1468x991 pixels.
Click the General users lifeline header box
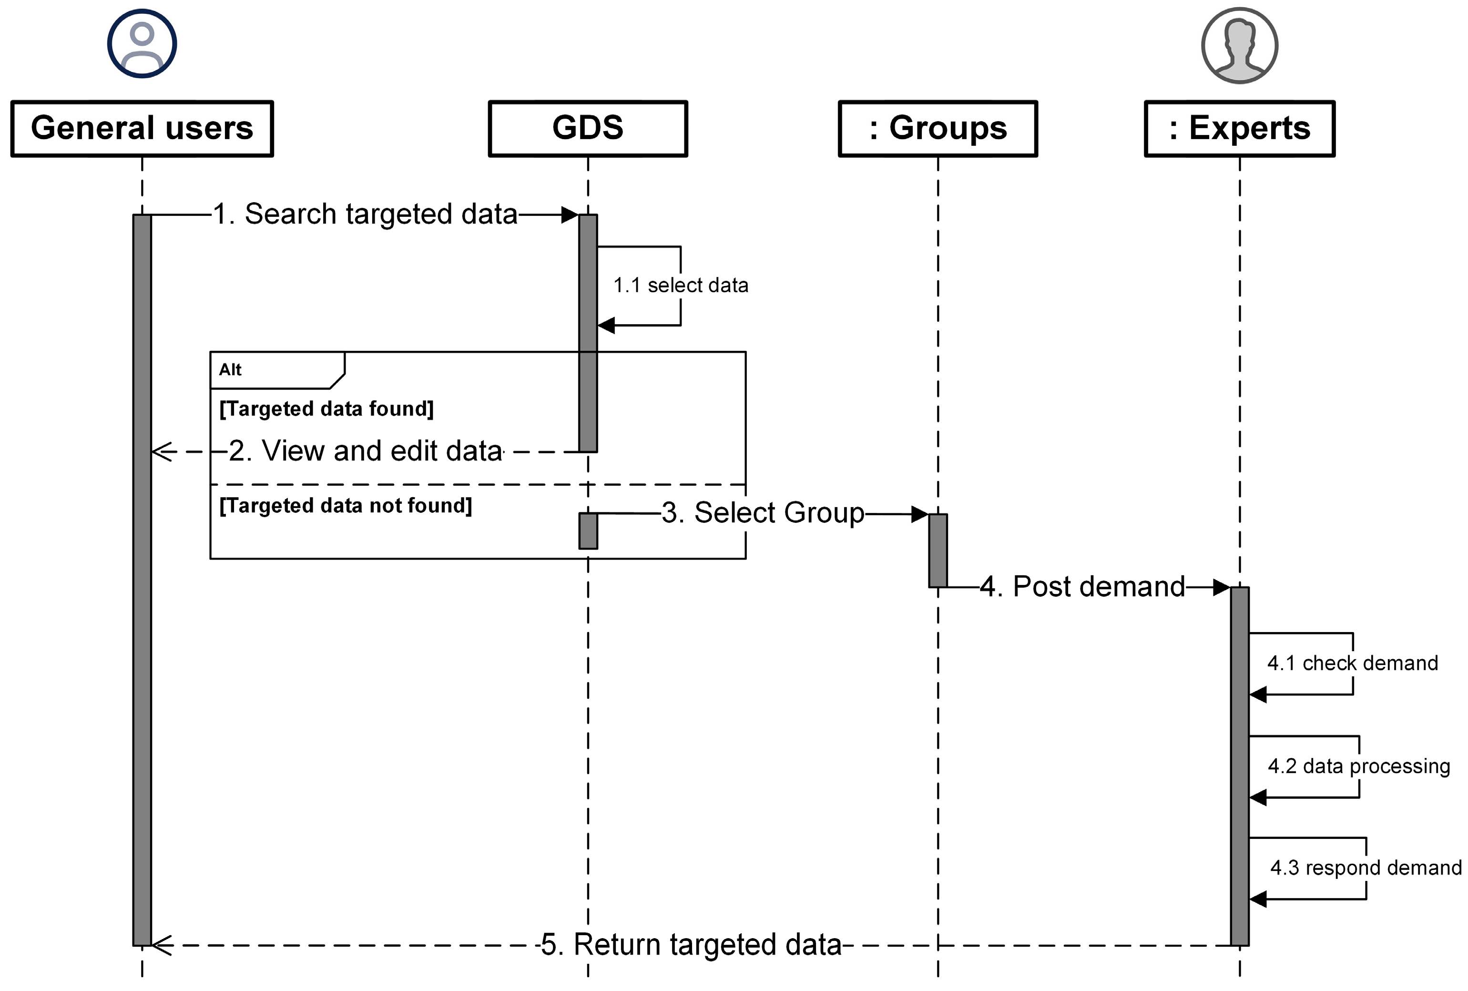[142, 128]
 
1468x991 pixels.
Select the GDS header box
[588, 128]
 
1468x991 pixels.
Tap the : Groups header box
[938, 128]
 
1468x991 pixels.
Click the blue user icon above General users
[142, 43]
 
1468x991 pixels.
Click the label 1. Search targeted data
[365, 214]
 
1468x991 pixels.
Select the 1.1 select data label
[680, 286]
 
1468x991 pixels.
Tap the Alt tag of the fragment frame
[231, 369]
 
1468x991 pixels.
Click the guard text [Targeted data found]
[326, 409]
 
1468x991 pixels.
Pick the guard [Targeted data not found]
[345, 505]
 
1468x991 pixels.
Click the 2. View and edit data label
[365, 451]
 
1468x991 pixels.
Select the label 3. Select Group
[763, 512]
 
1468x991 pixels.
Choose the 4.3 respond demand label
[1366, 868]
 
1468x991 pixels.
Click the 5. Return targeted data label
[691, 945]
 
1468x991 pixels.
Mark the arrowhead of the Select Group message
[920, 515]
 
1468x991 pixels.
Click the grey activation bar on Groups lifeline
[938, 550]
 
